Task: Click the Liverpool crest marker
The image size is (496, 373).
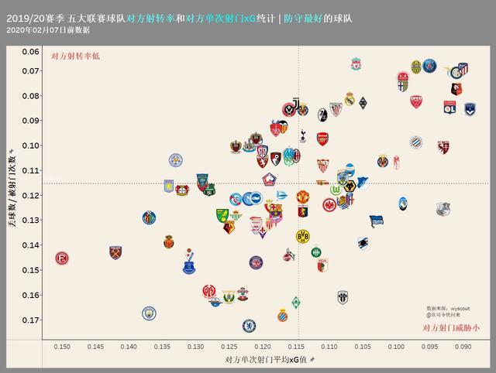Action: click(x=356, y=62)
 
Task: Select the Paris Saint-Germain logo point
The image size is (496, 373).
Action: click(x=431, y=66)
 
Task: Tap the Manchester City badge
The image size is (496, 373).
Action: click(x=149, y=313)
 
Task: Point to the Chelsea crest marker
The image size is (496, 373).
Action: click(x=249, y=326)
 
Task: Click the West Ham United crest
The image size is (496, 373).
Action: click(x=115, y=252)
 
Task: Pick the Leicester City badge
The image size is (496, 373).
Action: click(x=175, y=160)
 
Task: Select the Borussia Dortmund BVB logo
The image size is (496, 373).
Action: click(x=302, y=236)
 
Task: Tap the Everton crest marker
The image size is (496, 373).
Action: click(x=189, y=267)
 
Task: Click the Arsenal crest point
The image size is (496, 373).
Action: click(x=322, y=139)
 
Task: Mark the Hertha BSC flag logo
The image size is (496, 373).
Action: click(x=376, y=221)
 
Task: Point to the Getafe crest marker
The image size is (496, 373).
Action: click(x=149, y=217)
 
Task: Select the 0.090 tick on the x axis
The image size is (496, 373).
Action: click(x=463, y=347)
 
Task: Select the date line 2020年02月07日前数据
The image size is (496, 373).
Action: click(x=47, y=29)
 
